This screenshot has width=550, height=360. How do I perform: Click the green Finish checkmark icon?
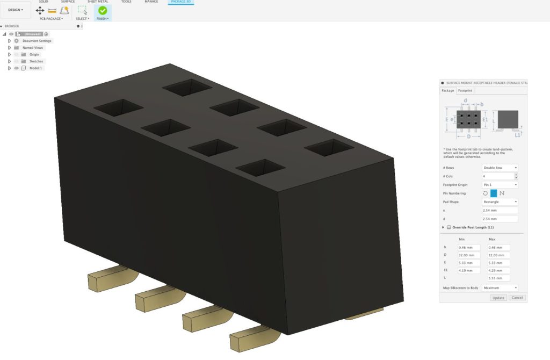pos(102,10)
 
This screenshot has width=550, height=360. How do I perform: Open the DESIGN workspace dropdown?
pos(16,10)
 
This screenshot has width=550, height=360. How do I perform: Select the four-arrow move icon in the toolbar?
pos(40,10)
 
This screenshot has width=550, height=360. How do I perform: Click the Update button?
pos(498,297)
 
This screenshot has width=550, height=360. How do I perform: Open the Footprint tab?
pos(465,91)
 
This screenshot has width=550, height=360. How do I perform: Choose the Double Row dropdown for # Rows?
pos(500,168)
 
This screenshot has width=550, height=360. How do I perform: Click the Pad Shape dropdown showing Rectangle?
pos(500,202)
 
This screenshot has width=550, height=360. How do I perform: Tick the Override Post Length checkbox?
pos(449,227)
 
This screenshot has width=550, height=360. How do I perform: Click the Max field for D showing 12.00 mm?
pos(498,255)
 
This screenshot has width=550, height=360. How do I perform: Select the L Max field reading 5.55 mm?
pos(498,278)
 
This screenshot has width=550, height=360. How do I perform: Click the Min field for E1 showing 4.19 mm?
pos(468,271)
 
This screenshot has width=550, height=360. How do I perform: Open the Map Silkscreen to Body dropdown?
pos(500,288)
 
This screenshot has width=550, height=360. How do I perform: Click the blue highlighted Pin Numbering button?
pos(494,193)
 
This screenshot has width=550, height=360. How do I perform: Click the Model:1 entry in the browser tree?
pos(35,68)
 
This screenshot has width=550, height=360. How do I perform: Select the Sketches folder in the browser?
pos(36,61)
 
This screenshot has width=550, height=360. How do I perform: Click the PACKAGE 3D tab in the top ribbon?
pos(180,2)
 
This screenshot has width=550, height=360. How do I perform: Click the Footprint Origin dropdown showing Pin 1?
pos(500,185)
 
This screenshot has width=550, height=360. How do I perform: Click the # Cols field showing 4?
pos(497,176)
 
